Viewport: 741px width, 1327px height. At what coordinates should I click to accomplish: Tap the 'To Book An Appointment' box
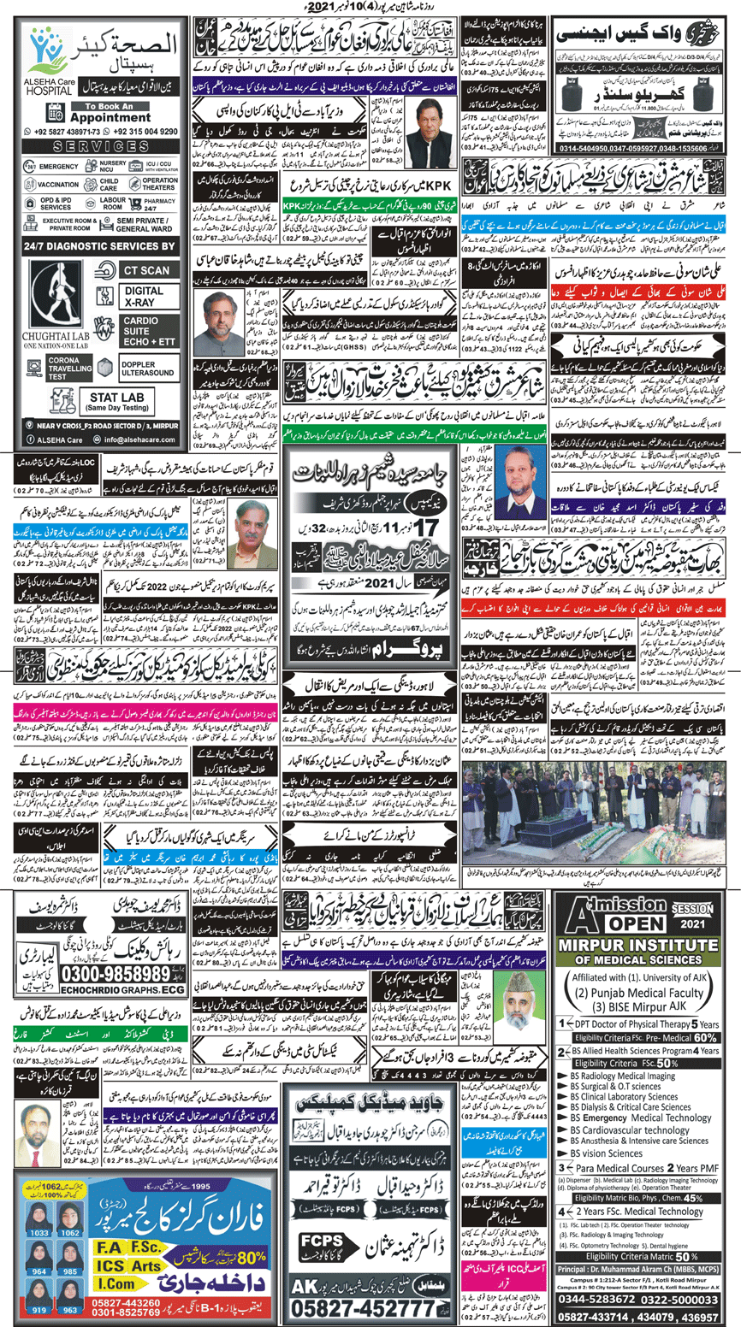(x=103, y=113)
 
